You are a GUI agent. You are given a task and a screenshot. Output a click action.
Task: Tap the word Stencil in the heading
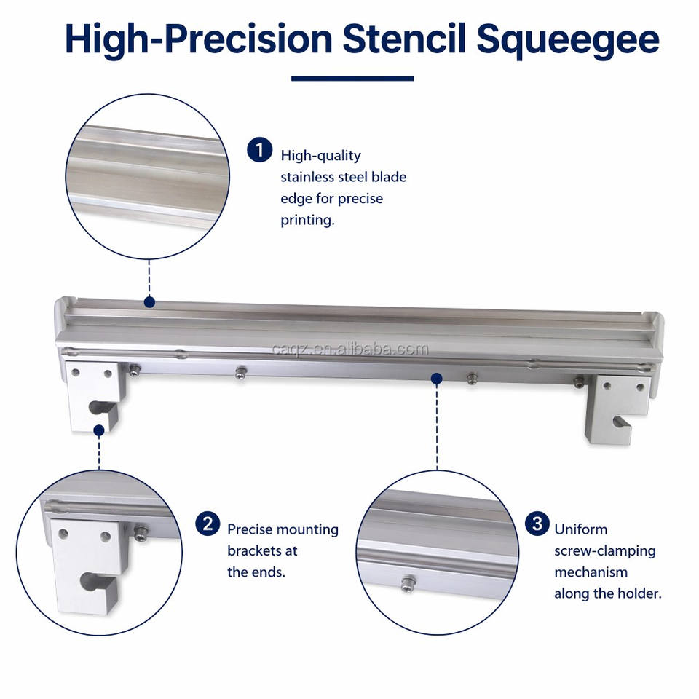tap(404, 39)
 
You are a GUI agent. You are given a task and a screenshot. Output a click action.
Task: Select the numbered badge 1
tap(259, 150)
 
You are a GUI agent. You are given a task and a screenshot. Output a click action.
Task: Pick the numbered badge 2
tap(208, 524)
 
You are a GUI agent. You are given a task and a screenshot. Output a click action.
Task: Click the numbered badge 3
tap(537, 524)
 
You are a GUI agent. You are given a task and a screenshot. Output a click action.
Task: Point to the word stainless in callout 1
tap(307, 177)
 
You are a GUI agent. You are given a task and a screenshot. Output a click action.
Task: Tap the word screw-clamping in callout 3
tap(604, 551)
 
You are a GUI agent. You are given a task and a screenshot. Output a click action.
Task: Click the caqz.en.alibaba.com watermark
tap(350, 349)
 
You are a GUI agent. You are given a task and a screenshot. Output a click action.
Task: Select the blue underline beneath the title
tap(352, 79)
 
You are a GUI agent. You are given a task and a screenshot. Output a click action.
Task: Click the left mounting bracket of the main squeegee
tap(95, 395)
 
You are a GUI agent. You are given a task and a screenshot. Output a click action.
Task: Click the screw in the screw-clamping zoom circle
tap(408, 583)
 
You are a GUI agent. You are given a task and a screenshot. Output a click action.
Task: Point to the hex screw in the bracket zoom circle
tap(142, 532)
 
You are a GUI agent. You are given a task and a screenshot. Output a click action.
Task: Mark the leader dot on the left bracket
tap(99, 430)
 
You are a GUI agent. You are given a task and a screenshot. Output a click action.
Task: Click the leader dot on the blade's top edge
tap(149, 302)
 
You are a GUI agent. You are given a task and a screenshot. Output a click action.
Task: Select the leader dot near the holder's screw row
tap(437, 379)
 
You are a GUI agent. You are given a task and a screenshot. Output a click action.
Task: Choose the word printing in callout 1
tap(307, 220)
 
